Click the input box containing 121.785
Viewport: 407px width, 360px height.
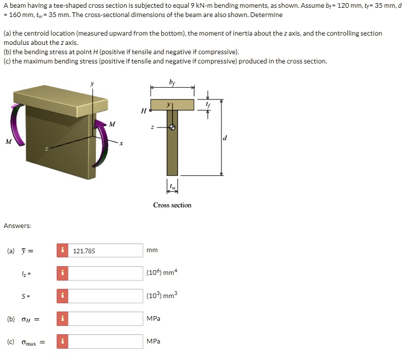point(106,251)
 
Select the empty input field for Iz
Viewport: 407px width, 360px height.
point(106,273)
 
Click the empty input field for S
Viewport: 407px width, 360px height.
point(106,296)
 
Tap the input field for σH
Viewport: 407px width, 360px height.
point(106,319)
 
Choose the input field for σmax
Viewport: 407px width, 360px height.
point(106,341)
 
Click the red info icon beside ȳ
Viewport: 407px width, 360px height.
point(62,251)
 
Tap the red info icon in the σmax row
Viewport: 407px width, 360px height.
point(62,341)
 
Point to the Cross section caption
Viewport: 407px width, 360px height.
point(172,205)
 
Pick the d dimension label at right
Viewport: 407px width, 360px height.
point(225,138)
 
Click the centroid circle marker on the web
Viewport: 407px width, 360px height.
point(173,127)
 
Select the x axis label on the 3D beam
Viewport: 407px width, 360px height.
point(122,144)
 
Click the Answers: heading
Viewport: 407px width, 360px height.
point(18,226)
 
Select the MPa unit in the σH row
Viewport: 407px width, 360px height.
point(153,319)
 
